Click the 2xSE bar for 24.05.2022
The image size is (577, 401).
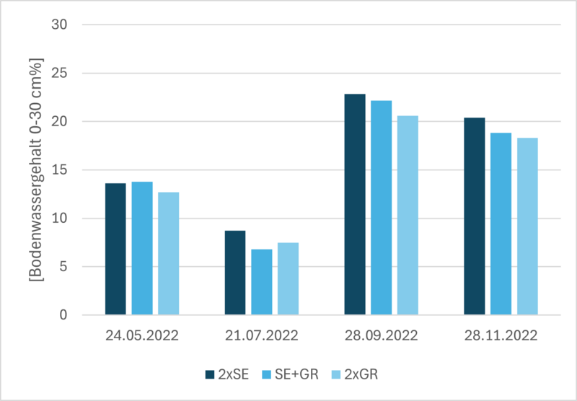pos(115,249)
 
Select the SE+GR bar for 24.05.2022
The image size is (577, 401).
pos(142,248)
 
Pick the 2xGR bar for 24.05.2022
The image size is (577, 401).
pos(169,253)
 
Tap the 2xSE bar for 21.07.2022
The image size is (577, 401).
pos(235,273)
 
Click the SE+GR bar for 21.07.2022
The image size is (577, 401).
pos(262,282)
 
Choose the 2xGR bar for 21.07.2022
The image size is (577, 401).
pos(288,279)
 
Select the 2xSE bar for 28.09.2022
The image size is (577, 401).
pos(355,205)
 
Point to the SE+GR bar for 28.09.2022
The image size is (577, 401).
pos(382,208)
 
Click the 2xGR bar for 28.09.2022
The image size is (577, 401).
pos(408,215)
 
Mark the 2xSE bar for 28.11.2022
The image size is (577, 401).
pos(475,216)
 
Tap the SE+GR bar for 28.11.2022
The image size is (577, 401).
pos(501,224)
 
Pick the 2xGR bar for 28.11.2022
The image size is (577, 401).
pos(527,226)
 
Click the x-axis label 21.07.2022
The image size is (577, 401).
pos(262,336)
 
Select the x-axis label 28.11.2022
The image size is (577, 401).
pos(501,336)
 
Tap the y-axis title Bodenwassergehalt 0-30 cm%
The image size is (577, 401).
pos(35,169)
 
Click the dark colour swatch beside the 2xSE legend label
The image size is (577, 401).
pos(210,375)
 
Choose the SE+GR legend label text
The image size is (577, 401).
pos(296,375)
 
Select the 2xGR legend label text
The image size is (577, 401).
pos(361,375)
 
